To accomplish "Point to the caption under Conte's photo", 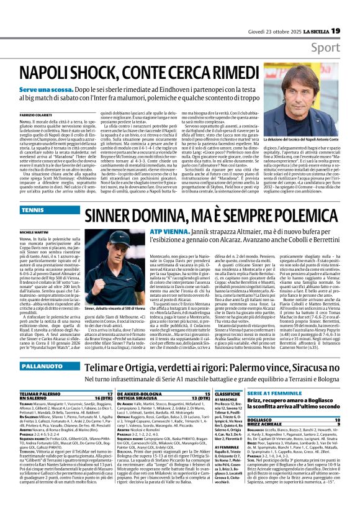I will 304,143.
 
